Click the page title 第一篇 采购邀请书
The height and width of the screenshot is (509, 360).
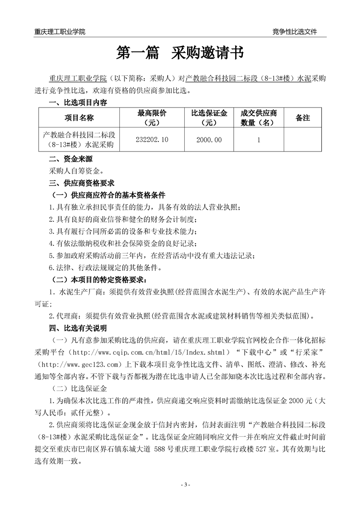(x=180, y=53)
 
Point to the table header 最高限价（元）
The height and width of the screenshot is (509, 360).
(x=152, y=118)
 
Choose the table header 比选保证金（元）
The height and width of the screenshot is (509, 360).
(x=209, y=118)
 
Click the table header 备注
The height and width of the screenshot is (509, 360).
(x=302, y=118)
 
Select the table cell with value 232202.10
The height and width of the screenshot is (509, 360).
(x=152, y=140)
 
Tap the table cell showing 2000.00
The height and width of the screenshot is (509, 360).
(x=209, y=140)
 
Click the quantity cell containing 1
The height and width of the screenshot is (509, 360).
(x=258, y=140)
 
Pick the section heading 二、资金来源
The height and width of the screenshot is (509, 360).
(x=69, y=159)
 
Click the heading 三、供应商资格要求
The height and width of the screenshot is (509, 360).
(x=82, y=183)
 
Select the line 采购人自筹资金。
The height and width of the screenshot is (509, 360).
(x=76, y=171)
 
